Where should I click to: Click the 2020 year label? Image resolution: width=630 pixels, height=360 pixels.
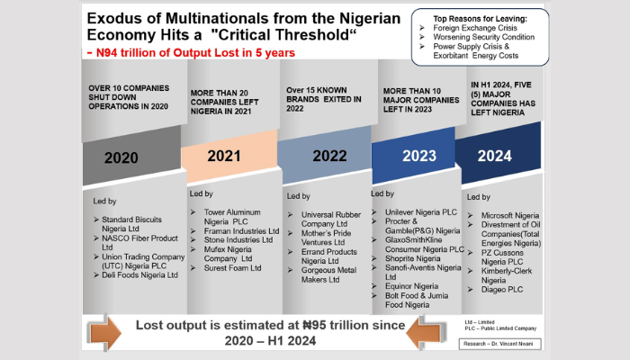pyautogui.click(x=121, y=157)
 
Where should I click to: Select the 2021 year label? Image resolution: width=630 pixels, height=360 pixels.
pyautogui.click(x=224, y=156)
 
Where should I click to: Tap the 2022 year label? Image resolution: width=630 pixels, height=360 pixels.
pyautogui.click(x=329, y=156)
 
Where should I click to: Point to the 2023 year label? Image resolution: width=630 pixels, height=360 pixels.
pyautogui.click(x=415, y=156)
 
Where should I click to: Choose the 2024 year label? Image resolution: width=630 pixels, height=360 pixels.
pyautogui.click(x=497, y=156)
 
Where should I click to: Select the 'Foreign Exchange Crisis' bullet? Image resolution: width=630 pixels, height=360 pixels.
pyautogui.click(x=474, y=29)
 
